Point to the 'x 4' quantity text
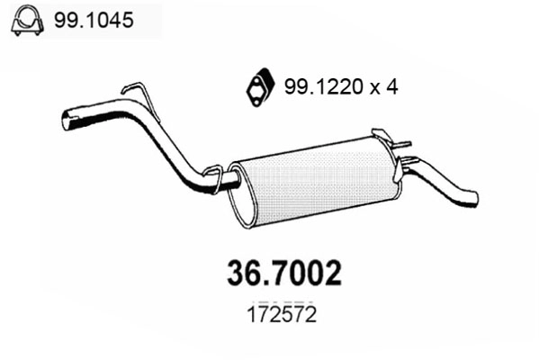tap(383, 87)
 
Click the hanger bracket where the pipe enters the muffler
tap(213, 175)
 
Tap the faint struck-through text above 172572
tap(281, 302)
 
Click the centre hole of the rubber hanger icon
tap(258, 86)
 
